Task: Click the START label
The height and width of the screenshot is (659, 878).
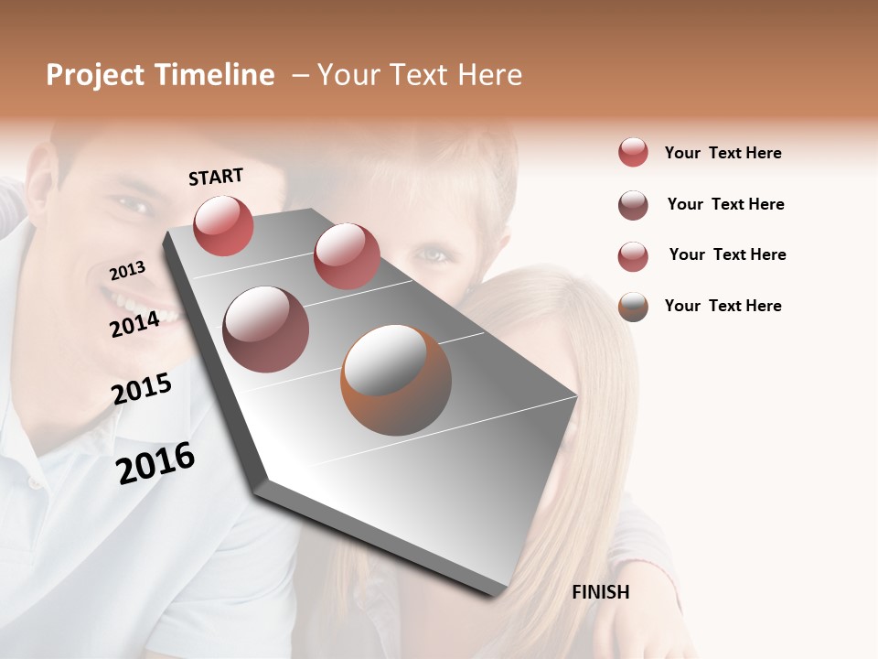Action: coord(216,177)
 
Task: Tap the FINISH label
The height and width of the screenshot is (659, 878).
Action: coord(600,592)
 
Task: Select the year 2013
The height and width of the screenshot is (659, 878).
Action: coord(127,271)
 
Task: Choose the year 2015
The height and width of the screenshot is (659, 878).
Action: coord(142,389)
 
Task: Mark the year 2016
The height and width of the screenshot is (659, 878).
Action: coord(155,463)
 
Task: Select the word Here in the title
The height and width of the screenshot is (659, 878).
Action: coord(490,75)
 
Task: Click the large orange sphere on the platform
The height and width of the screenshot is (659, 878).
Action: coord(395,380)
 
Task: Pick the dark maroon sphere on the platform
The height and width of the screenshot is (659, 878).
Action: coord(265,329)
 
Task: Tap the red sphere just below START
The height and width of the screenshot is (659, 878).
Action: coord(223,225)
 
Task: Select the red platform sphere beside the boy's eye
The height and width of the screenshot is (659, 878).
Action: coord(346,256)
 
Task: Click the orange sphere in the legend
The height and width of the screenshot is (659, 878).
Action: coord(632,307)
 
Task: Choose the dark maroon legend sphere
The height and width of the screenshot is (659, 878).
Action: coord(632,205)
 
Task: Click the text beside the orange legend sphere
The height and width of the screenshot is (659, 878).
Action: coord(723,306)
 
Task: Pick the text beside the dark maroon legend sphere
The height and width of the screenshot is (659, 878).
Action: coord(725,204)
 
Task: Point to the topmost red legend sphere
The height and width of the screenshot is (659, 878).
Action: coord(632,152)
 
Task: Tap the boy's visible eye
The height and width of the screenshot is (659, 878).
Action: coord(437,254)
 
